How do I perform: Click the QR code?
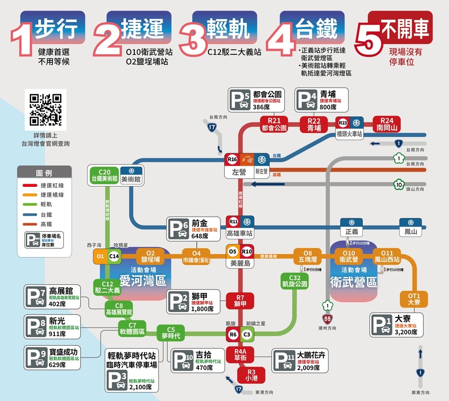pos(45,110)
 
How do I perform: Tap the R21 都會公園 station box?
pos(274,124)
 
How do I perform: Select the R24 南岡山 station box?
pos(387,124)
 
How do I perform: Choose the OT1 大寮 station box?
pos(414,299)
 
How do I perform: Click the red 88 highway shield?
pos(328,318)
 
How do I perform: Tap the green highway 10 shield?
pos(398,184)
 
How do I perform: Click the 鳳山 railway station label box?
pos(410,228)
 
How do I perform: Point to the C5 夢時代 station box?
pos(171,333)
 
